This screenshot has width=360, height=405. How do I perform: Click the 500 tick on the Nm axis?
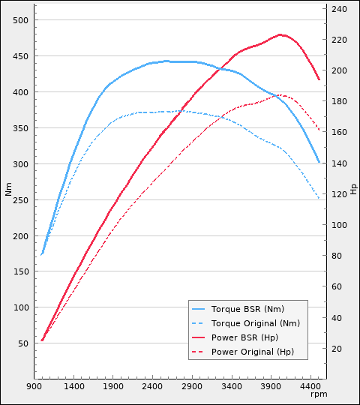pos(21,20)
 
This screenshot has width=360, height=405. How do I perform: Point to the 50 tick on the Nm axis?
pos(23,343)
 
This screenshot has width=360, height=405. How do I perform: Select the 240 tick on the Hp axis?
pos(339,9)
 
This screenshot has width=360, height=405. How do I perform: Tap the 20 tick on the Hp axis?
pos(337,349)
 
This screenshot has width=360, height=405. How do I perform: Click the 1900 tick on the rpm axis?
pos(113,386)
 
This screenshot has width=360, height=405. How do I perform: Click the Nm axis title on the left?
pos(9,189)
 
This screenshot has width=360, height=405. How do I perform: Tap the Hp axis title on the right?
pos(353,189)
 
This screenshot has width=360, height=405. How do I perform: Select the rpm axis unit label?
pos(319,394)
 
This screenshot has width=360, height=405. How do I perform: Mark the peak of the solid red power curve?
pos(280,34)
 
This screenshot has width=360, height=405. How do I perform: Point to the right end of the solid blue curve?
pos(319,162)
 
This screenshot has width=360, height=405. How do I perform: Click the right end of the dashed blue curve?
pos(319,198)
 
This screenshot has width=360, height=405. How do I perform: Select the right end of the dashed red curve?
pos(319,130)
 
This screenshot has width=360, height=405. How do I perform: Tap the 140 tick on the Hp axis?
pos(339,163)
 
